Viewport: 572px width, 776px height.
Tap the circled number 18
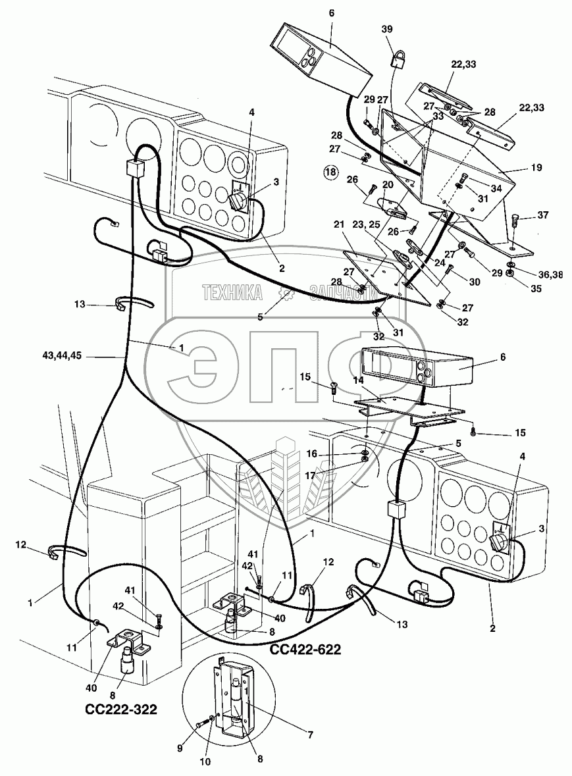(x=330, y=173)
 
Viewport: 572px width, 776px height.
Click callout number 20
(x=388, y=185)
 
